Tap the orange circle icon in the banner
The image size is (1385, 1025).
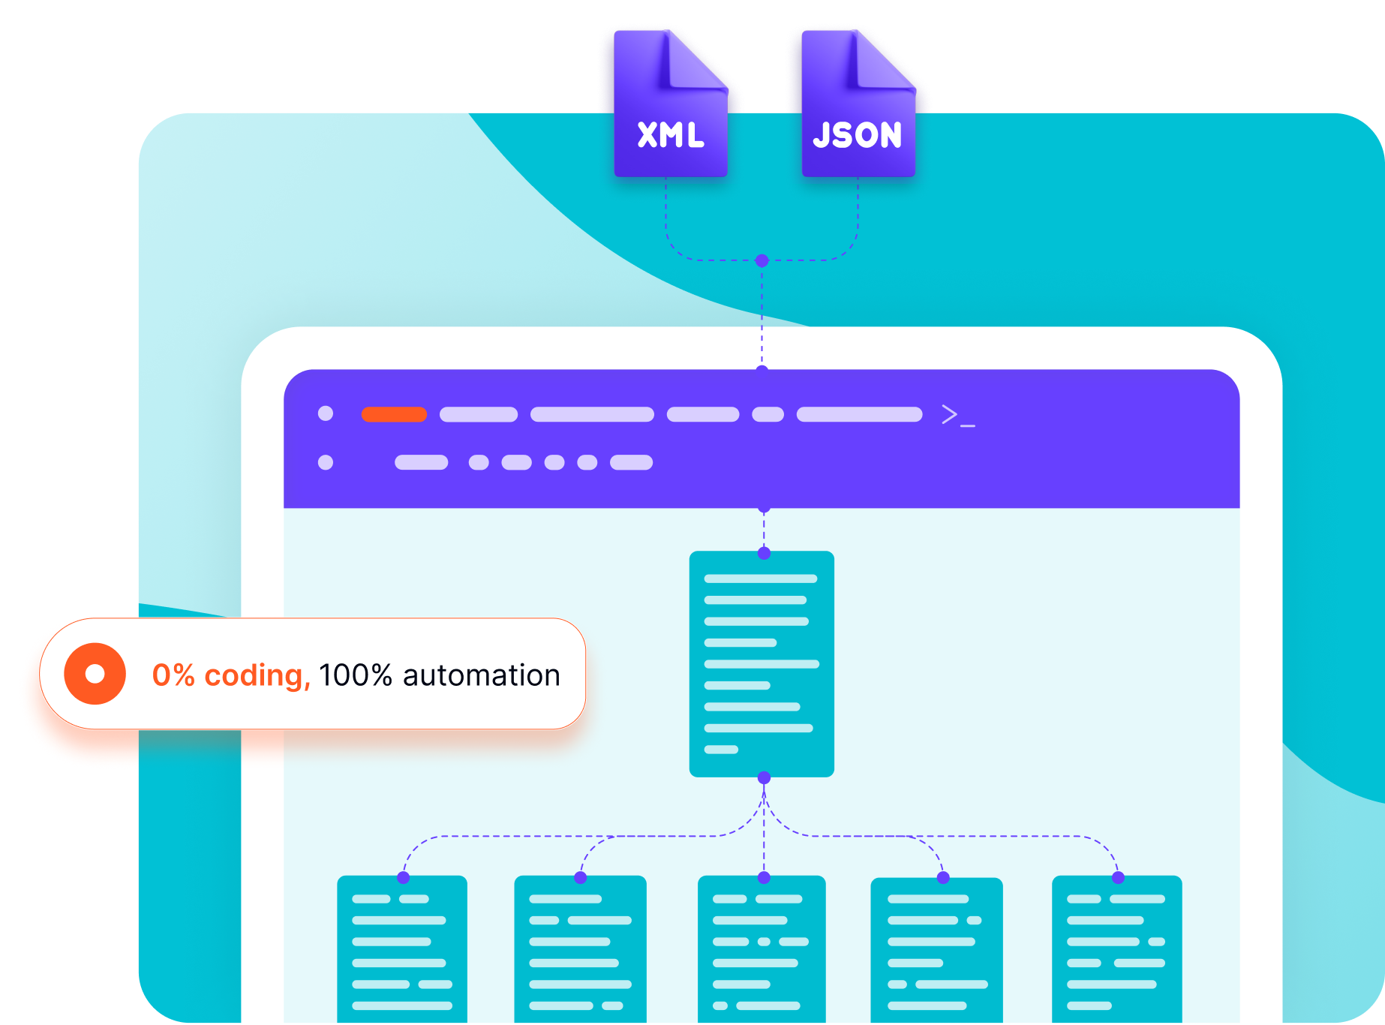pos(95,674)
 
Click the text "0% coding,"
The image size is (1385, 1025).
pos(230,675)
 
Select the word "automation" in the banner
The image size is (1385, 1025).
pos(482,675)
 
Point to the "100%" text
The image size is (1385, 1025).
pos(356,675)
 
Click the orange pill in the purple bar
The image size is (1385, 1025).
pos(394,415)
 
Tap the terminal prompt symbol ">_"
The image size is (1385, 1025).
pos(957,415)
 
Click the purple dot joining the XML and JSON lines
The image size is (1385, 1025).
pos(762,260)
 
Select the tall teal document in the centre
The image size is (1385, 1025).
pos(762,664)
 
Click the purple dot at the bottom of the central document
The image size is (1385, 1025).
pos(764,777)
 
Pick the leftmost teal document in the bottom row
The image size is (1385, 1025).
pos(402,949)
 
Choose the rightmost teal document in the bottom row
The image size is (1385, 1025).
pos(1116,949)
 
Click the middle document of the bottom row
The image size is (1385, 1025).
pos(762,949)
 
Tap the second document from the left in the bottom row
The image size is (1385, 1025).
pos(580,949)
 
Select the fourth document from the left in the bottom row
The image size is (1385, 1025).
pos(936,949)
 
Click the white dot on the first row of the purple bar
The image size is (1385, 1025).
pos(326,413)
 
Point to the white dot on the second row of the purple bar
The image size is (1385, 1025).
pos(326,462)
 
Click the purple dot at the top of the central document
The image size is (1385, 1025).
pos(764,554)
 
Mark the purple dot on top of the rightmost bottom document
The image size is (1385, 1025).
pos(1118,877)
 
